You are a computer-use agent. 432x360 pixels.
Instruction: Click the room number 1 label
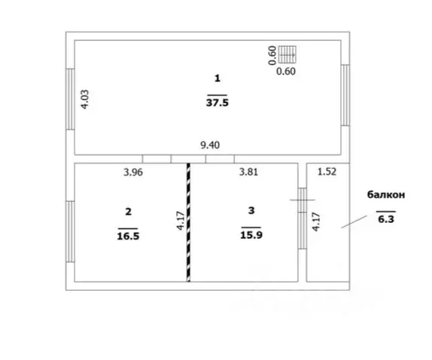(218, 78)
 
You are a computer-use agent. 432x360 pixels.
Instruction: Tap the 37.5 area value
(218, 103)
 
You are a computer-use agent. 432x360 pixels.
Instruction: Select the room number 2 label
(128, 212)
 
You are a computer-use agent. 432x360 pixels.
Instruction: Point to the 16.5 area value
(128, 236)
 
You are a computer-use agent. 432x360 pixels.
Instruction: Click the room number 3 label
(251, 211)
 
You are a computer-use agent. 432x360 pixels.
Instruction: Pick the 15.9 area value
(251, 235)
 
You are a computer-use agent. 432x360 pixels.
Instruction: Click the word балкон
(386, 194)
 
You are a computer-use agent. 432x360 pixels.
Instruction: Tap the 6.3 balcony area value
(386, 219)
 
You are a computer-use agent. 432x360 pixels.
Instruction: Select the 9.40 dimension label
(210, 145)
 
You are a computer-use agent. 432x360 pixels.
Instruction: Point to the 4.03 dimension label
(85, 99)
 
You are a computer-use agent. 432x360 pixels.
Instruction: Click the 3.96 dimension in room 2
(133, 172)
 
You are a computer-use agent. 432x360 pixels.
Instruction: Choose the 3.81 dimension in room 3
(248, 172)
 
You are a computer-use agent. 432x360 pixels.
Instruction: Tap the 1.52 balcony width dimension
(327, 172)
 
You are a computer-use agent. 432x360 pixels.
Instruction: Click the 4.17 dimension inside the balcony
(316, 221)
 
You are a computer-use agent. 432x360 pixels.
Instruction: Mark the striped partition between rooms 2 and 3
(188, 222)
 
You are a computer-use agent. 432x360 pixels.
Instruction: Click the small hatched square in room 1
(287, 54)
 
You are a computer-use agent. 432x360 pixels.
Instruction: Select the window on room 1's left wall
(71, 99)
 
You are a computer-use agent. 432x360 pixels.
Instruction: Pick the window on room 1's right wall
(345, 95)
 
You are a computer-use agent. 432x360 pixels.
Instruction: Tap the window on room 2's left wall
(71, 231)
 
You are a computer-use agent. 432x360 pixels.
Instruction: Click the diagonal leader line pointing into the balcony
(354, 221)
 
